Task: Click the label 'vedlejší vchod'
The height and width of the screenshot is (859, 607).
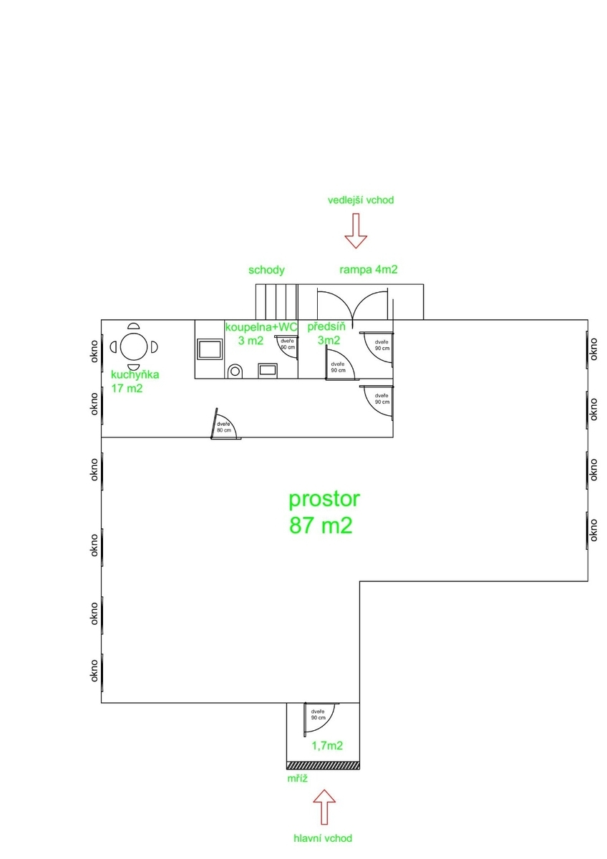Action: (361, 200)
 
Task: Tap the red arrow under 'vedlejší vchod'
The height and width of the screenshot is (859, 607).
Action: (356, 230)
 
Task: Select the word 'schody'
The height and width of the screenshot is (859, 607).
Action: (266, 271)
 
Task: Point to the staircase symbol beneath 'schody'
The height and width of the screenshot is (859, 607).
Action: (277, 301)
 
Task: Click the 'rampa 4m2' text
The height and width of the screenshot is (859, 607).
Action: (369, 270)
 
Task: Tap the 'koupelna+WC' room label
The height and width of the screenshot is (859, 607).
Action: (261, 327)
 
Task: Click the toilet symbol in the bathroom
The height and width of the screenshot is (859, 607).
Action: (235, 372)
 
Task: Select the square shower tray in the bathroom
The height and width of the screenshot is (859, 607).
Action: (209, 349)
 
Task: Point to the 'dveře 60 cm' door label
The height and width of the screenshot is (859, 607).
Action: (288, 344)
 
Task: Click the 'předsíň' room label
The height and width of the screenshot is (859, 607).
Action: (326, 326)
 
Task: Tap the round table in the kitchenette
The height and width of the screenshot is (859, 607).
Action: (134, 346)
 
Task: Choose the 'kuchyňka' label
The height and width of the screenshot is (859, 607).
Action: (135, 374)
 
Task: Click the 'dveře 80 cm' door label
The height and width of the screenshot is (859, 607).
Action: (224, 427)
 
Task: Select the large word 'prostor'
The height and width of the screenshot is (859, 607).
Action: (324, 500)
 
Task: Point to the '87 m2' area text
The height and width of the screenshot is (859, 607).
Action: (321, 525)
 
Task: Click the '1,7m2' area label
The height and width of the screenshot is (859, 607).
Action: (327, 745)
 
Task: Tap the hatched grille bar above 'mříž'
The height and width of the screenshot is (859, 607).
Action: (323, 765)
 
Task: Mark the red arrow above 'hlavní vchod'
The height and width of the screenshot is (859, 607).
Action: (324, 807)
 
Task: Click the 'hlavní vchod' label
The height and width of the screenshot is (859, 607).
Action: (323, 838)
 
